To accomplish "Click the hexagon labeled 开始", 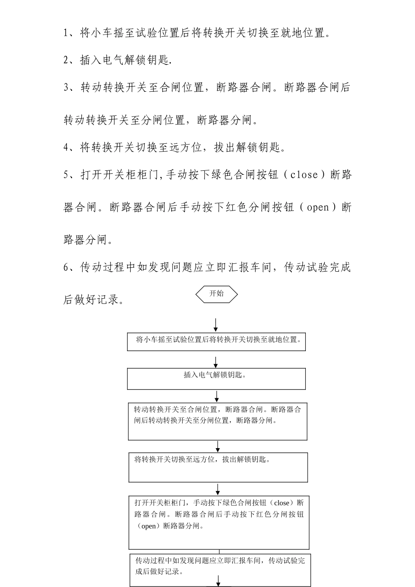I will (x=216, y=294).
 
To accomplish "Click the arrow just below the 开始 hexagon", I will (x=216, y=325).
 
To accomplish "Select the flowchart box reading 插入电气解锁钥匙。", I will (x=216, y=378).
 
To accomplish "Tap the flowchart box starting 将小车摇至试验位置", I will (x=216, y=342).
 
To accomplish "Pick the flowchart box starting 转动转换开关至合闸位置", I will (x=218, y=421).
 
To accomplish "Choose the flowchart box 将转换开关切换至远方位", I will (x=218, y=467).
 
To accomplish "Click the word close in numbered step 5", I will (x=304, y=175).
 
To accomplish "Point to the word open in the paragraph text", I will (x=318, y=207).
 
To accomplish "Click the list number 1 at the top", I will (x=66, y=33).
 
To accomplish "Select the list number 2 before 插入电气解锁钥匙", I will (x=66, y=60).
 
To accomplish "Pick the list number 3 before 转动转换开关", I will (x=66, y=88).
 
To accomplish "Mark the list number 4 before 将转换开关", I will (x=66, y=148).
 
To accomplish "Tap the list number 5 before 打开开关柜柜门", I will (x=66, y=175).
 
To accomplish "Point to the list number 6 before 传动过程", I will (x=66, y=267).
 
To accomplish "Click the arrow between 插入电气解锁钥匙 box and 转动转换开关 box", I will (x=217, y=396).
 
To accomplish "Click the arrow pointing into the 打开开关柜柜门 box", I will (x=218, y=489).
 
